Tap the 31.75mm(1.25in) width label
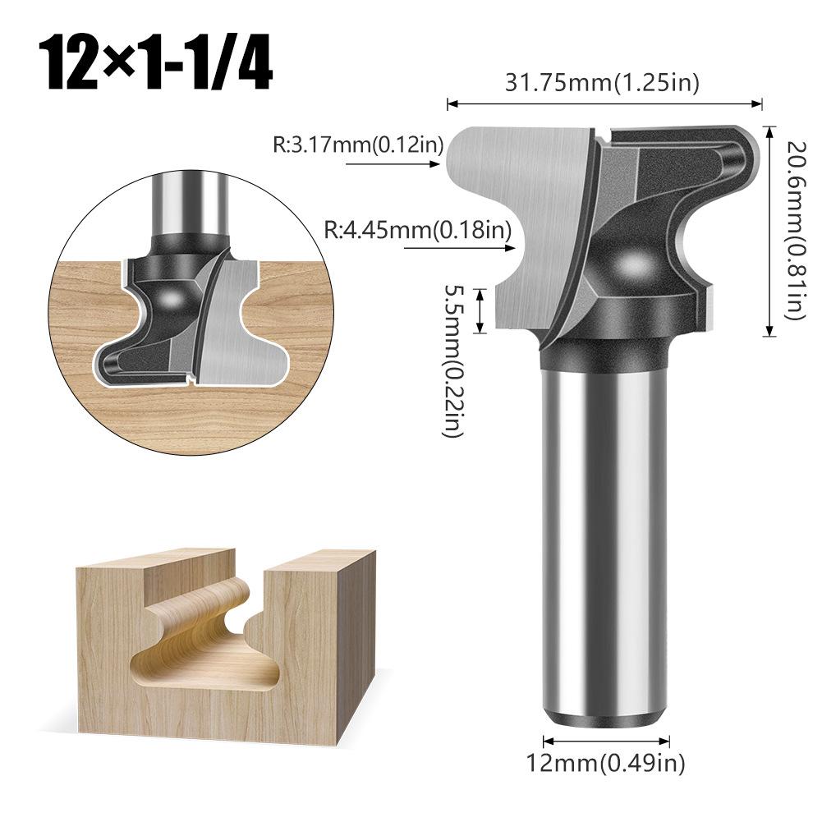click(602, 83)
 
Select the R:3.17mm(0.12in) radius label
click(358, 144)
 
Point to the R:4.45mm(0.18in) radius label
click(417, 229)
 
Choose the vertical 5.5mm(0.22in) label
click(454, 360)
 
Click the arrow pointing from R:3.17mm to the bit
click(393, 164)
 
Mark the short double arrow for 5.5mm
click(480, 311)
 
